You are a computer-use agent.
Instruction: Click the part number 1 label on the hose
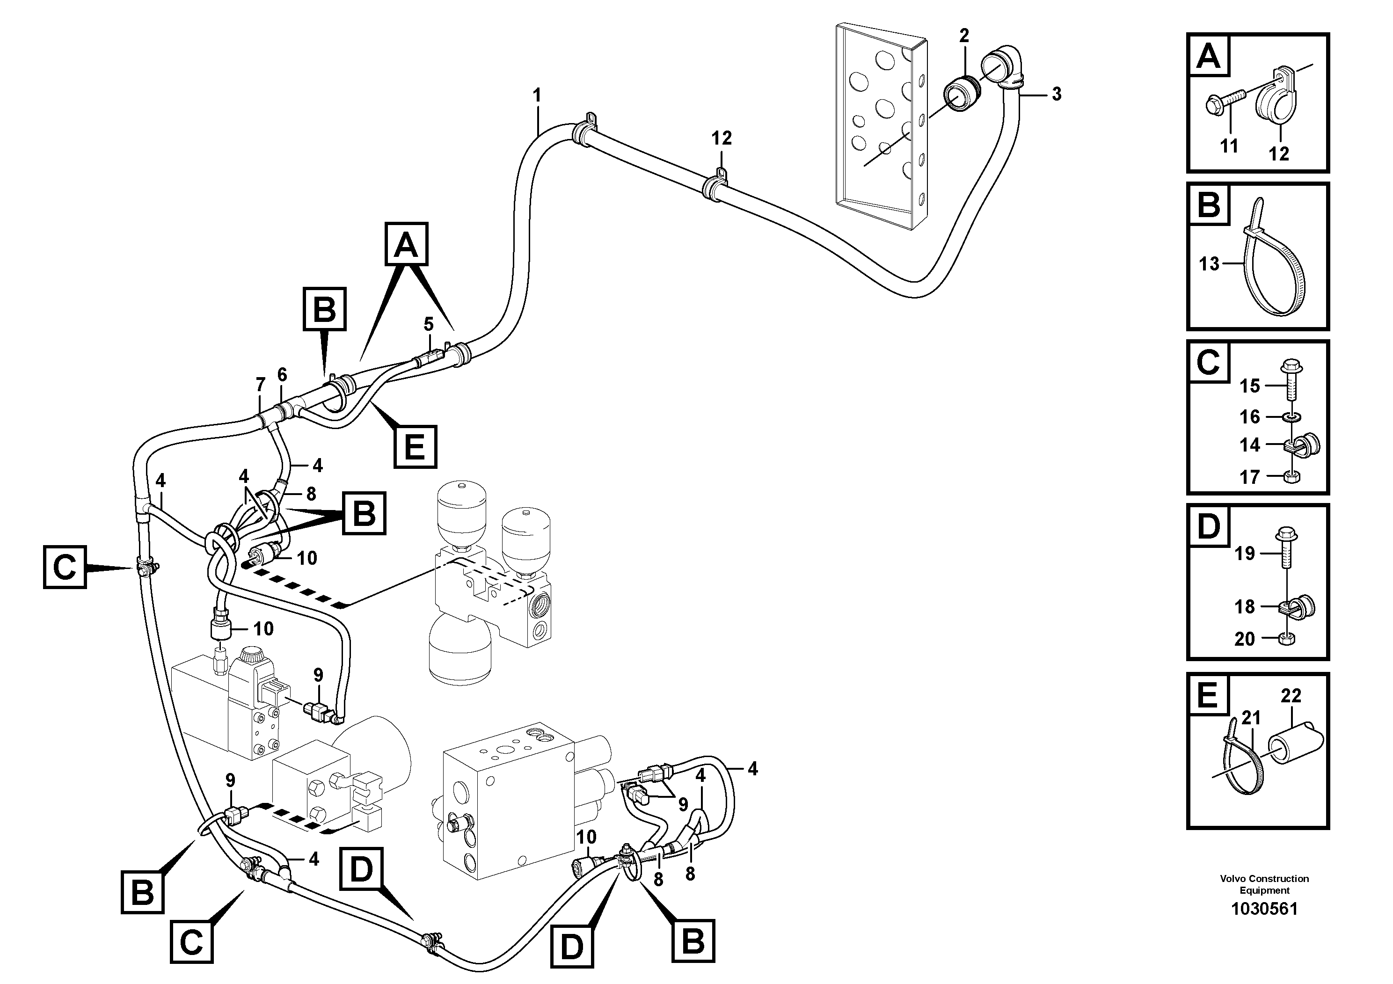(536, 96)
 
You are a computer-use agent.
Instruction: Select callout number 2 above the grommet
(964, 36)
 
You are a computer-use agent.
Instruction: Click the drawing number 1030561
(1264, 926)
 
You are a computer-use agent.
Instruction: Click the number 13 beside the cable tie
(1209, 264)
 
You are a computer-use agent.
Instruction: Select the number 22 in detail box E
(1291, 695)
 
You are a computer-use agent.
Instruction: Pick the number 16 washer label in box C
(1250, 417)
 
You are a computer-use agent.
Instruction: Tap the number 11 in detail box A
(1229, 146)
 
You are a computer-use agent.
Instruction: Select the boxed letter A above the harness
(406, 245)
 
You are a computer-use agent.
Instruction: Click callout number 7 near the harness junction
(260, 385)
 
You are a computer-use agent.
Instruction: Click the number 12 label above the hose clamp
(722, 138)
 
